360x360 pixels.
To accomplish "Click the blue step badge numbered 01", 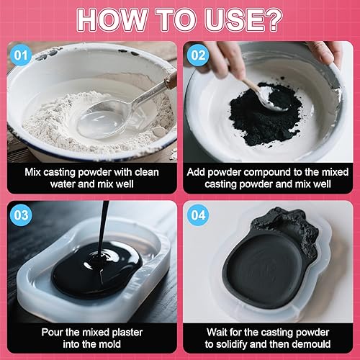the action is click(21, 55).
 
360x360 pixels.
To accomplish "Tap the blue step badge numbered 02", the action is click(198, 55).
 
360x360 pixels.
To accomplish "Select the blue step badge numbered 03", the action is click(21, 215).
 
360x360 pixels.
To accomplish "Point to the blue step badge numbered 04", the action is click(198, 215).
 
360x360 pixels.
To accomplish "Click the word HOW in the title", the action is click(112, 19).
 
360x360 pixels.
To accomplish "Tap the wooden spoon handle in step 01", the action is click(170, 78).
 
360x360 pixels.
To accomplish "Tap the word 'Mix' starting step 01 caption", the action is click(32, 172).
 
